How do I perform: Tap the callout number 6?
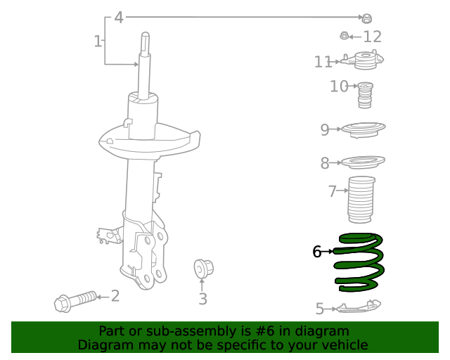click(x=316, y=251)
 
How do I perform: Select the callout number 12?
click(x=372, y=37)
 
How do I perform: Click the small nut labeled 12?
click(x=345, y=36)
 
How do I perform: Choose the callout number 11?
click(x=323, y=63)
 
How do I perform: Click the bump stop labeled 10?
click(x=365, y=96)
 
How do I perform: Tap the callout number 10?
click(x=339, y=86)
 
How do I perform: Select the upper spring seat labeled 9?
click(x=364, y=130)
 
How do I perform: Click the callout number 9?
click(x=325, y=129)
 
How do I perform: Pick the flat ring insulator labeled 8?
click(x=364, y=162)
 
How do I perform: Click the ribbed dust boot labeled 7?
click(x=361, y=200)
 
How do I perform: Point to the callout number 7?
click(x=332, y=191)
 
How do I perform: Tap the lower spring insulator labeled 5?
click(x=359, y=306)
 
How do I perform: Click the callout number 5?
click(x=319, y=308)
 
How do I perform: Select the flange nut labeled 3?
click(x=203, y=268)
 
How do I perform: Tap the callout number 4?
click(x=119, y=17)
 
